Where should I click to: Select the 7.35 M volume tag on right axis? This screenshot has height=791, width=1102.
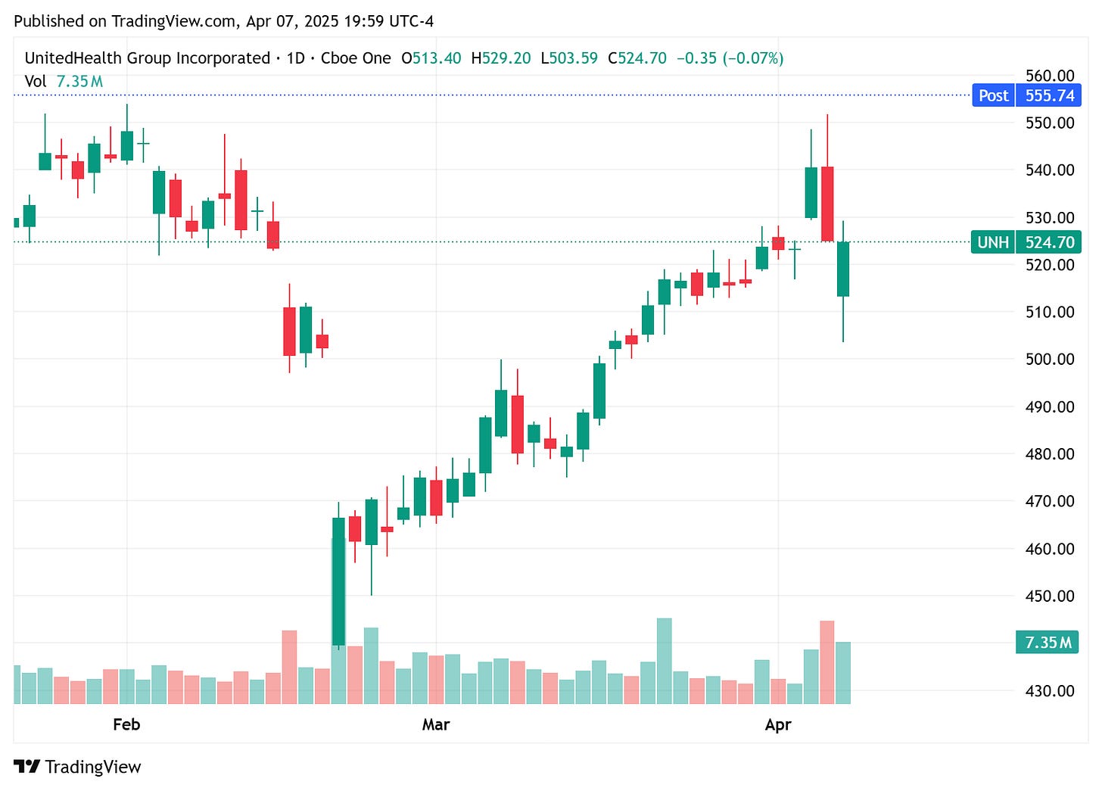1048,643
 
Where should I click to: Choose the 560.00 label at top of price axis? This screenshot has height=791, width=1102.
1049,76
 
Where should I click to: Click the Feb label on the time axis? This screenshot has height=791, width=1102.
126,724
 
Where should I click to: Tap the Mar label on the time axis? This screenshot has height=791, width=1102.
436,724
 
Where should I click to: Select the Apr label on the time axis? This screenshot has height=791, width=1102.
778,724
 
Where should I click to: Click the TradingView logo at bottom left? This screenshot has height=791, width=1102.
77,767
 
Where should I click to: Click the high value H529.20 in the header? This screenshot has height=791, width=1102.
501,58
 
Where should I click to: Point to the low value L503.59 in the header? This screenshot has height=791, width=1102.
569,58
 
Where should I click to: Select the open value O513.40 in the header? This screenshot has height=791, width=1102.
431,58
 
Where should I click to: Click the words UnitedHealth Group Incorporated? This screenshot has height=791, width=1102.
148,58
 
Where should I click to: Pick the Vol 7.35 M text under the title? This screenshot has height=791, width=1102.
64,81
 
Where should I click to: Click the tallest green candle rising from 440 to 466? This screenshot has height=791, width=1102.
338,581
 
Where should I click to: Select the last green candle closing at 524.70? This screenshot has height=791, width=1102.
843,269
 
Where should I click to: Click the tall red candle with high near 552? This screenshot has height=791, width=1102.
827,204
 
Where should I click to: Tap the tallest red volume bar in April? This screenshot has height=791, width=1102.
827,662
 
